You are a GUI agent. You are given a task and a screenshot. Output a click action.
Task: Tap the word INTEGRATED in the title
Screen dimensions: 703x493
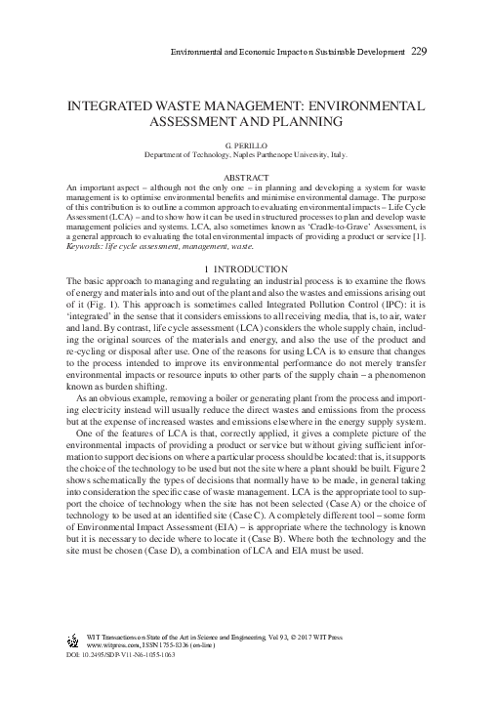(x=109, y=105)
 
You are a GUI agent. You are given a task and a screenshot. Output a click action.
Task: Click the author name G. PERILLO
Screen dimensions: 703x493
(x=246, y=144)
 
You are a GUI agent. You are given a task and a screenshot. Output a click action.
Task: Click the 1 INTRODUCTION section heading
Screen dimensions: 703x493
(x=246, y=269)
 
